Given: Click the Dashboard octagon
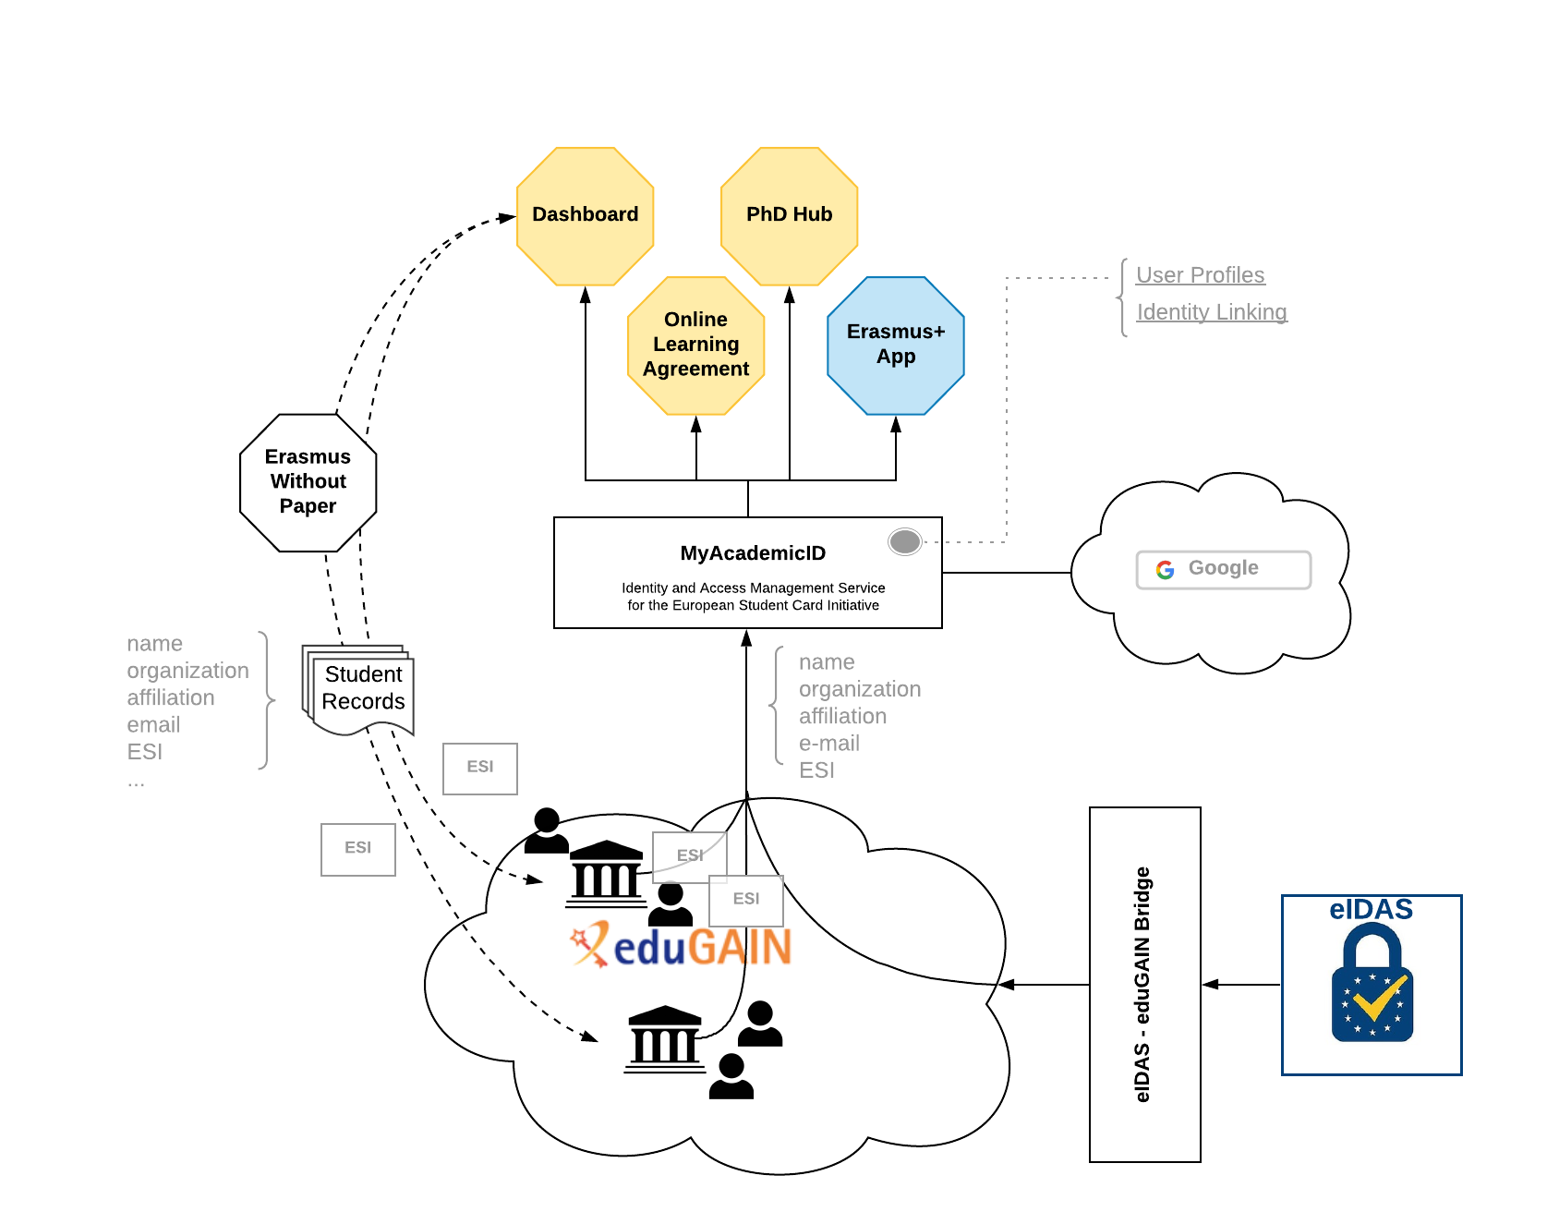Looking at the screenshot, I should (x=585, y=215).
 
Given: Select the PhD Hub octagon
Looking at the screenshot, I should (x=789, y=215).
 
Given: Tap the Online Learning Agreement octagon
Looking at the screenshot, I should (x=695, y=345).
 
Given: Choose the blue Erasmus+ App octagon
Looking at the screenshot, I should (x=895, y=345).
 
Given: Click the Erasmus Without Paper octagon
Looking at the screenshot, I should (x=308, y=481).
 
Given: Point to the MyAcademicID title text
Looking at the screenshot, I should (x=753, y=553).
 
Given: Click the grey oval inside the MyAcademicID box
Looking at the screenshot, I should (x=904, y=541).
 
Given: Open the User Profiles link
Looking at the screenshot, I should (x=1200, y=275).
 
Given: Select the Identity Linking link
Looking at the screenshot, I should (x=1211, y=312).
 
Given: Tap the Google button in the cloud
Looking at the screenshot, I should (x=1223, y=569).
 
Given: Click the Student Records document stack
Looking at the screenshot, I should (x=361, y=689).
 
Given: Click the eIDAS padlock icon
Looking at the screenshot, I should (x=1372, y=985).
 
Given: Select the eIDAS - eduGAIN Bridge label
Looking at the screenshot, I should (x=1142, y=985).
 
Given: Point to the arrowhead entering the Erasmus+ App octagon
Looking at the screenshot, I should (x=895, y=424).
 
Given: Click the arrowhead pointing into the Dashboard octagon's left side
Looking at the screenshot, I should (x=507, y=218).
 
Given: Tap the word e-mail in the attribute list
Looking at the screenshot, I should (x=828, y=744).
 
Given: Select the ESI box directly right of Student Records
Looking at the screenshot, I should (x=479, y=768).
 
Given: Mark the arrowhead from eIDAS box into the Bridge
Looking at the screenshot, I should (x=1210, y=985).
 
